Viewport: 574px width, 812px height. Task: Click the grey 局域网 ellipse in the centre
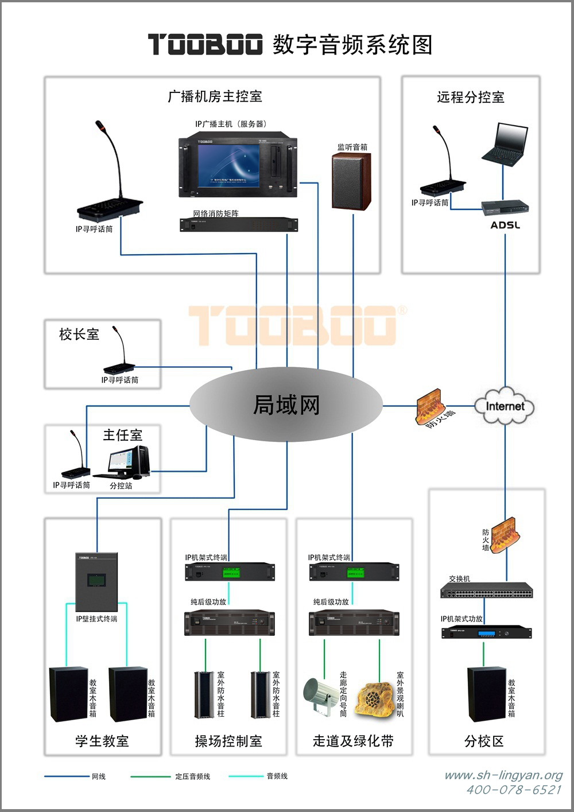click(x=286, y=405)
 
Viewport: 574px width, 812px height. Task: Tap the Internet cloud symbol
click(x=505, y=406)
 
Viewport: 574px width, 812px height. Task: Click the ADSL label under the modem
click(x=505, y=225)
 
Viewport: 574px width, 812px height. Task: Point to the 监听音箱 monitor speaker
click(x=351, y=182)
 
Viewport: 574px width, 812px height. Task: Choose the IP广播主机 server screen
click(x=230, y=165)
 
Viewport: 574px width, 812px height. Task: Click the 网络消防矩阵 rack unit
click(x=239, y=224)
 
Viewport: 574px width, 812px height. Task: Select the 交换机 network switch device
click(x=487, y=591)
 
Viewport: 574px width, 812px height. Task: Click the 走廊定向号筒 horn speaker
click(x=320, y=696)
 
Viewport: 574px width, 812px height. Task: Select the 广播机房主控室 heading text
click(x=215, y=96)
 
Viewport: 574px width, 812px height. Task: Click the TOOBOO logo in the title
click(x=205, y=44)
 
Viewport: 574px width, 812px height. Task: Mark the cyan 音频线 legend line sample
click(x=246, y=776)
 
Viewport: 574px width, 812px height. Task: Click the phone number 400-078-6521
click(x=514, y=790)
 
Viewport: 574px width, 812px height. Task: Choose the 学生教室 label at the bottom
click(x=102, y=741)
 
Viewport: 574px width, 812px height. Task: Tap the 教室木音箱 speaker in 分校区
click(x=486, y=694)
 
